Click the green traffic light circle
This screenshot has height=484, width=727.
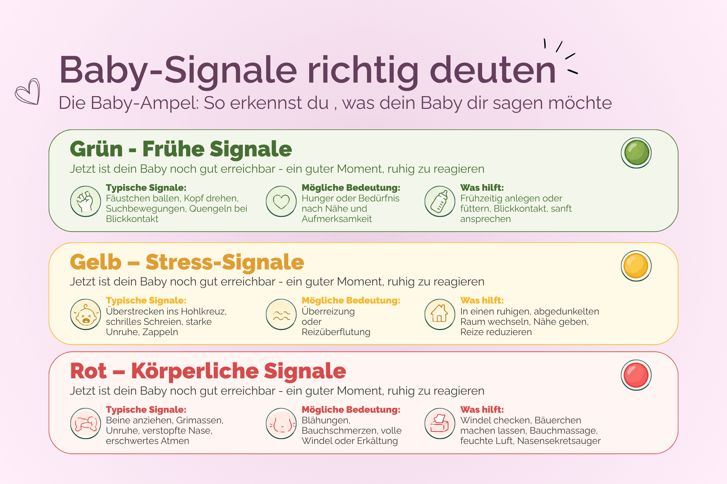click(x=636, y=153)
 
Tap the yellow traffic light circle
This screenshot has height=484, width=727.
click(x=636, y=266)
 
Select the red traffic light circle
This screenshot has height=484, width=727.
click(x=636, y=375)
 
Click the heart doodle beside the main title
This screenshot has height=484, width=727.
click(x=28, y=92)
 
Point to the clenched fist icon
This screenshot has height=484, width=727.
click(x=86, y=201)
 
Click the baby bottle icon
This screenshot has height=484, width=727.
click(x=440, y=201)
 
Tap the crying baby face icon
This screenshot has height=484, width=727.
click(x=86, y=315)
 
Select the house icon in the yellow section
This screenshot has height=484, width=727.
click(x=440, y=315)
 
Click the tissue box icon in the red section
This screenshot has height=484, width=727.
click(x=440, y=423)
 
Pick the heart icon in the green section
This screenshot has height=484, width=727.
click(x=281, y=201)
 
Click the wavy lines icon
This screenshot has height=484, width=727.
click(x=281, y=315)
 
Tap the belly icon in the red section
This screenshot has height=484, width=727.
click(x=281, y=423)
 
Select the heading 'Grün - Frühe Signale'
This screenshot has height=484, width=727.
click(x=181, y=149)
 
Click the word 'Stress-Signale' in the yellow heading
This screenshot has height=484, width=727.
click(x=225, y=262)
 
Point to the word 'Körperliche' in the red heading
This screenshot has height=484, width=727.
click(x=195, y=371)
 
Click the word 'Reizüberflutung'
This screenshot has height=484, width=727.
click(x=336, y=332)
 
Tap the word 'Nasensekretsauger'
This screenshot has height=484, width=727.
click(x=559, y=441)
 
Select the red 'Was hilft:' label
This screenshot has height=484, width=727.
click(x=482, y=410)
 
